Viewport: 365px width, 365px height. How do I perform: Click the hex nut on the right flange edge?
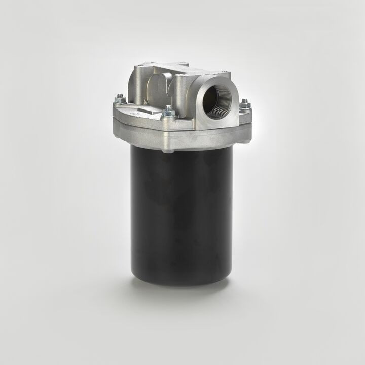tap(245, 104)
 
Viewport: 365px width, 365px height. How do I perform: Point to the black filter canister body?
tap(181, 213)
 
